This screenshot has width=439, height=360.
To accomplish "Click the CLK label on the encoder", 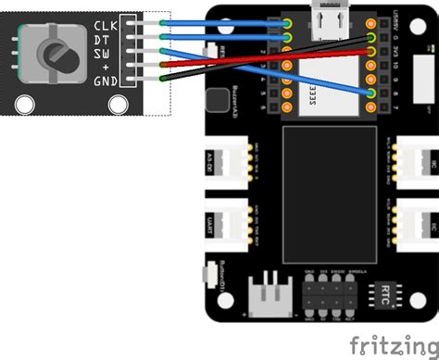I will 106,25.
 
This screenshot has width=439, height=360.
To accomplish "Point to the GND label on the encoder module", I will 105,81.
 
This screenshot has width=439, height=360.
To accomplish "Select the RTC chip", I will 386,295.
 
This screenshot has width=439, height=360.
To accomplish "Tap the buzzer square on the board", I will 219,99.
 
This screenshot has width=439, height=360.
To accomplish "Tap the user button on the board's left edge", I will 207,275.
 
